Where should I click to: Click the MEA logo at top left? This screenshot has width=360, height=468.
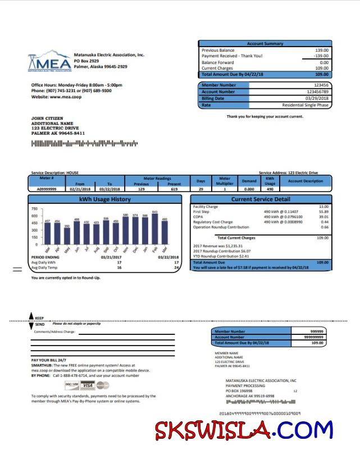coord(50,62)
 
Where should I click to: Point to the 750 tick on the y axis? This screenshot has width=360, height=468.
coord(35,208)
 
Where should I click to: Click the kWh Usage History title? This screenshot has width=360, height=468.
coord(105,199)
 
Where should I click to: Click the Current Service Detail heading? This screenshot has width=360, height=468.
coord(261,199)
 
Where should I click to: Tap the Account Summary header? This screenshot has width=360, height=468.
coord(265,44)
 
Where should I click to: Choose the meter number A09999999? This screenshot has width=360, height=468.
coord(47,189)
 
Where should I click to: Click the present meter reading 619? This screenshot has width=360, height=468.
coord(174,189)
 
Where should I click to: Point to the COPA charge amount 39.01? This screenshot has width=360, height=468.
coord(323,217)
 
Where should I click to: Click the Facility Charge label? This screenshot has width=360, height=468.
coord(205,207)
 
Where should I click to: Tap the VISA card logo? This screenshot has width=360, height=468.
coord(87,385)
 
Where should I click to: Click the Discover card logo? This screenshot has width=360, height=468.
coord(72,385)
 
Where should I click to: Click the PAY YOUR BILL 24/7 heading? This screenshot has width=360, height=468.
coord(49,360)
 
